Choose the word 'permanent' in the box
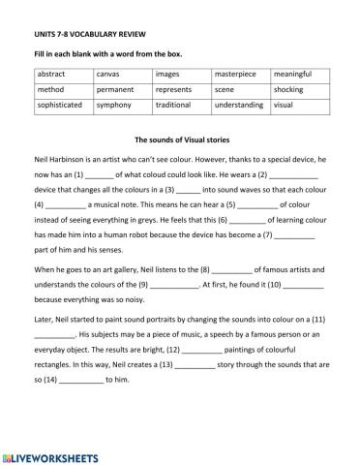click(117, 89)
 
